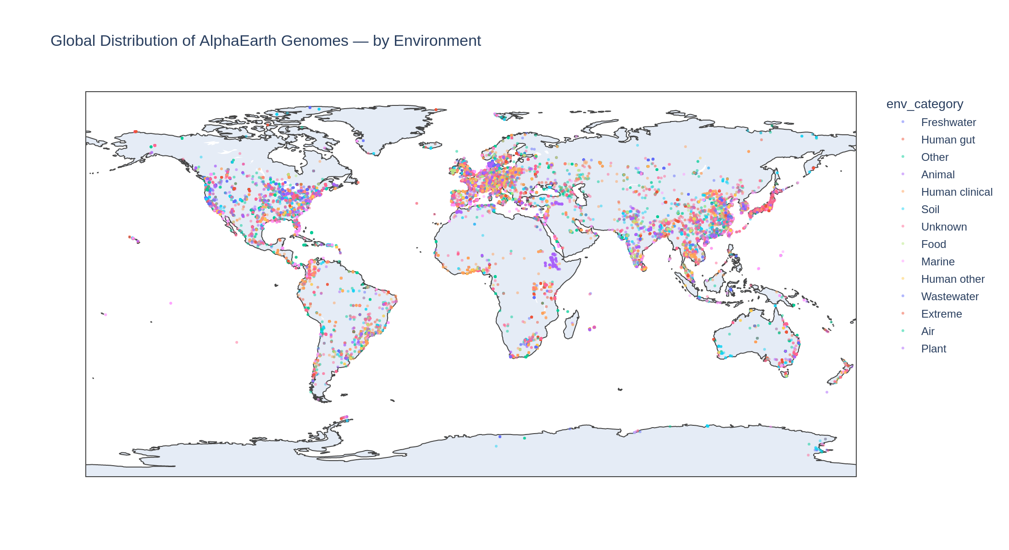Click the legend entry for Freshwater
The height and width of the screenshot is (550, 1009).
pos(948,122)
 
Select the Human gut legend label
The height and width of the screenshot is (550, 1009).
pos(948,140)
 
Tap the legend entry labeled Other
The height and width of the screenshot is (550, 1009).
pos(935,157)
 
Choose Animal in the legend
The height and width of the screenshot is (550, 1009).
pos(937,175)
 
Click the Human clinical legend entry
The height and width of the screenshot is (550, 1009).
pos(956,192)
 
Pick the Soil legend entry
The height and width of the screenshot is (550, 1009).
pos(930,209)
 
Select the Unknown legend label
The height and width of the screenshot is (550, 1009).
pos(943,227)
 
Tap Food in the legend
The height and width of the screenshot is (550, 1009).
pos(933,244)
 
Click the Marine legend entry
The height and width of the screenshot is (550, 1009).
pos(937,262)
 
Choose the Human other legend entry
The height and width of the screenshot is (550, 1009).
pos(953,279)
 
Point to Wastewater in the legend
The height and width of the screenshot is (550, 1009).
pos(949,297)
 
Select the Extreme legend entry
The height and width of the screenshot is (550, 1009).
pos(941,314)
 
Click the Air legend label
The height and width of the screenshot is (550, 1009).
pos(927,331)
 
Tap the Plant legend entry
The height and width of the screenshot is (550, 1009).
pos(933,349)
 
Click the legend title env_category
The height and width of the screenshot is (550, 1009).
pos(924,104)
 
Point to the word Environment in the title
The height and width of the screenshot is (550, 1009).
pos(437,41)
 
